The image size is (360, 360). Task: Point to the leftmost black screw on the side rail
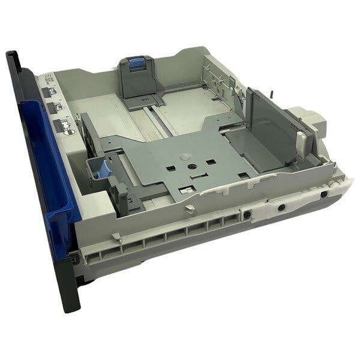(x=245, y=214)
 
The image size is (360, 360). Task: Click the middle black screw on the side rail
(x=280, y=206)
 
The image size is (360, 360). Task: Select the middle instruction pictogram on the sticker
(x=59, y=108)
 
